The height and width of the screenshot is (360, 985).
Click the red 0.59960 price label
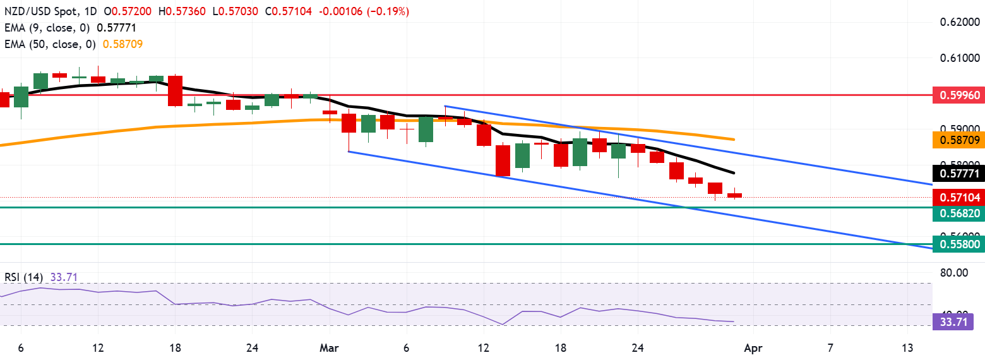click(x=958, y=95)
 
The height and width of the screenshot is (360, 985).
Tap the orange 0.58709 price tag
click(x=958, y=139)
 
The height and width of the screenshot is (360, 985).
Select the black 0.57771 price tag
click(x=958, y=172)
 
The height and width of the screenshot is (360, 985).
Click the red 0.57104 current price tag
click(x=958, y=197)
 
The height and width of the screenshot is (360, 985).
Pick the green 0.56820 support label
click(x=958, y=213)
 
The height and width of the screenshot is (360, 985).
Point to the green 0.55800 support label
click(x=958, y=244)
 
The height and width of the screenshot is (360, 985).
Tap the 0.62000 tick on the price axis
click(x=958, y=22)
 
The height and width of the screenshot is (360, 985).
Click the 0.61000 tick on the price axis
click(x=958, y=58)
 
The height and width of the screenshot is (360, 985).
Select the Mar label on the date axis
click(x=330, y=347)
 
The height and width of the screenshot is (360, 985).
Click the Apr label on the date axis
click(x=753, y=347)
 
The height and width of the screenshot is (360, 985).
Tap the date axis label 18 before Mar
click(x=175, y=347)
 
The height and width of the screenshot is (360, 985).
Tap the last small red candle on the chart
click(x=734, y=195)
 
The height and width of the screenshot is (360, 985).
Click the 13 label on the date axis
click(x=907, y=347)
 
